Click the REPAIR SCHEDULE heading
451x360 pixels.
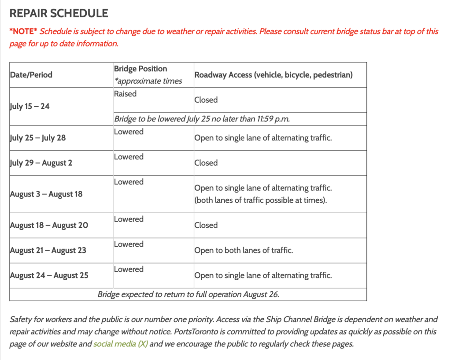click(59, 13)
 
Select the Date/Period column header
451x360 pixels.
click(31, 75)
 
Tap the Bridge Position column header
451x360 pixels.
click(140, 69)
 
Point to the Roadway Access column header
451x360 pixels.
click(274, 75)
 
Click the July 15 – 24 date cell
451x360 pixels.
click(30, 106)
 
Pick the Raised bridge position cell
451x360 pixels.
click(126, 94)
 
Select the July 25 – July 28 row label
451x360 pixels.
click(38, 137)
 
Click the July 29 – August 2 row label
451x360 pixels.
click(41, 163)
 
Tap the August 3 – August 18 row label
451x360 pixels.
click(46, 194)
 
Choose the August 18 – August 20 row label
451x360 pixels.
click(49, 225)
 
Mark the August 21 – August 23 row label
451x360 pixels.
click(48, 250)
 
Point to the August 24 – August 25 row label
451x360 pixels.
click(49, 275)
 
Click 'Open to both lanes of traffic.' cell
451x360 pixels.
click(244, 250)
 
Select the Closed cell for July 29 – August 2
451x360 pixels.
click(206, 163)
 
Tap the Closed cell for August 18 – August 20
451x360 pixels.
click(206, 225)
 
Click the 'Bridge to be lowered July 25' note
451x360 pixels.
click(202, 119)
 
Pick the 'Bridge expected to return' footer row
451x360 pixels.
click(188, 294)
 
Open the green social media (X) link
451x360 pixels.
click(120, 344)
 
